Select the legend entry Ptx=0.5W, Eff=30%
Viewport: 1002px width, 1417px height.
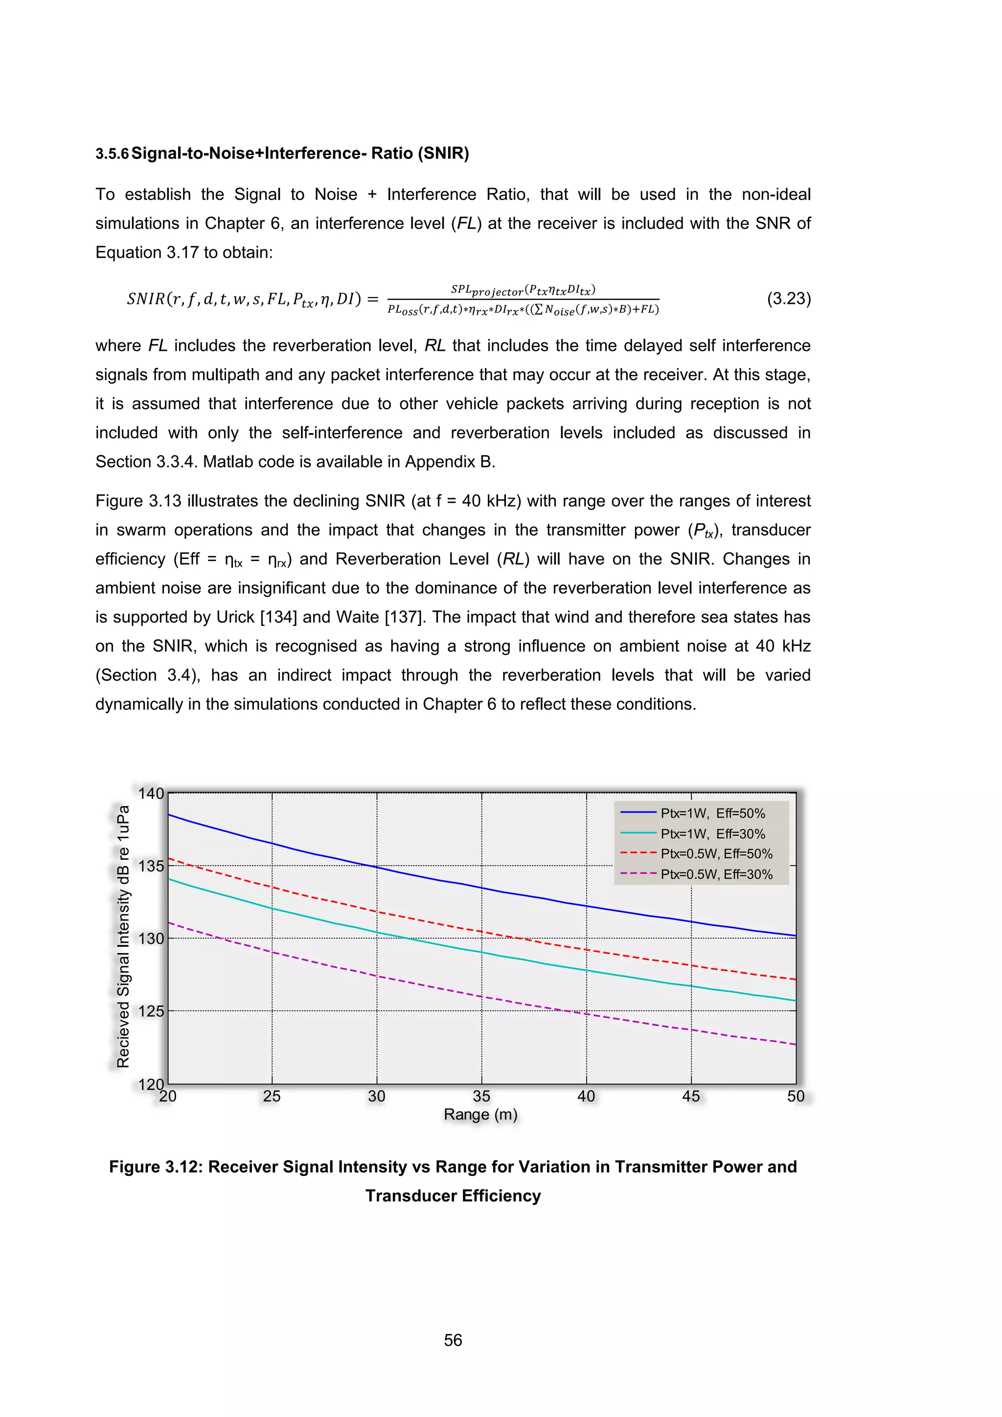(x=716, y=874)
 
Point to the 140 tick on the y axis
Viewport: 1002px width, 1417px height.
(x=151, y=794)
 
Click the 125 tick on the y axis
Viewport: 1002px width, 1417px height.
(x=151, y=1011)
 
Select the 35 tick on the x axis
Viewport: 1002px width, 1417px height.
(x=481, y=1096)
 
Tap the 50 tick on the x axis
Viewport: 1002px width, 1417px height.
(x=796, y=1096)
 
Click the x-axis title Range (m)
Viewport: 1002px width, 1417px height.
(x=480, y=1115)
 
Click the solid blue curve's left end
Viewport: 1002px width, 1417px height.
(x=170, y=815)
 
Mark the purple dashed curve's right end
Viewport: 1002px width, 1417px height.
(x=795, y=1044)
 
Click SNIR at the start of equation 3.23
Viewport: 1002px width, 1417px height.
(x=146, y=299)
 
